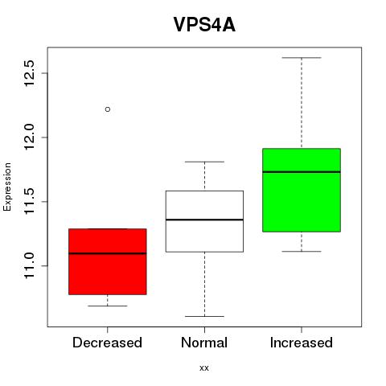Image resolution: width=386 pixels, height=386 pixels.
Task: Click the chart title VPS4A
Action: (204, 25)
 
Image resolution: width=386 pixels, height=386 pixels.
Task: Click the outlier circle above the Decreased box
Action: (108, 109)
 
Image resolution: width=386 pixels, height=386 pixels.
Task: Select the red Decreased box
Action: (108, 261)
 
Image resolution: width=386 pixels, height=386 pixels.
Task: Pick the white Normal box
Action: (204, 221)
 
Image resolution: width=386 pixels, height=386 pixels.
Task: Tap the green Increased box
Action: (302, 190)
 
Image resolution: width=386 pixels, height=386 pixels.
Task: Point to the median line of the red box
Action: (108, 253)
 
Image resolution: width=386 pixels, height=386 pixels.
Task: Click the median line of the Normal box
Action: (204, 220)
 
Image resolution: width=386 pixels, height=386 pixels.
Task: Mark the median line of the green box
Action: (302, 172)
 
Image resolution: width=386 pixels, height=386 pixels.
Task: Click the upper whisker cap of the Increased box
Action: (302, 58)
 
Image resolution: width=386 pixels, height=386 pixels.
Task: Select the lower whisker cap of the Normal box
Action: (204, 316)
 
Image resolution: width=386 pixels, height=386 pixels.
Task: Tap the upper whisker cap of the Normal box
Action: (204, 162)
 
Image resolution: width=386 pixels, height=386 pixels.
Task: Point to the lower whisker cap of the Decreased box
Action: (108, 306)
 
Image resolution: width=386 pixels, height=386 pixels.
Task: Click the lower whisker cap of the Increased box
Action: (302, 251)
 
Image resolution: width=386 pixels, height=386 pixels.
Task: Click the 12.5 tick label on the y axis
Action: (29, 73)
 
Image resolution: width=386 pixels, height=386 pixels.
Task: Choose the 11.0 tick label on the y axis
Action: (29, 266)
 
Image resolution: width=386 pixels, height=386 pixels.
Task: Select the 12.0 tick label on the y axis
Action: (29, 138)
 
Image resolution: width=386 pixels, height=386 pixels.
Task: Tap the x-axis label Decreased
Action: (107, 343)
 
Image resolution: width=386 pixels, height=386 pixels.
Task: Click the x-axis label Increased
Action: (302, 343)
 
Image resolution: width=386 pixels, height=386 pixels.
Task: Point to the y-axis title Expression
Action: (7, 187)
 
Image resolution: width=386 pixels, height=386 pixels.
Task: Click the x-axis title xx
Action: (204, 368)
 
